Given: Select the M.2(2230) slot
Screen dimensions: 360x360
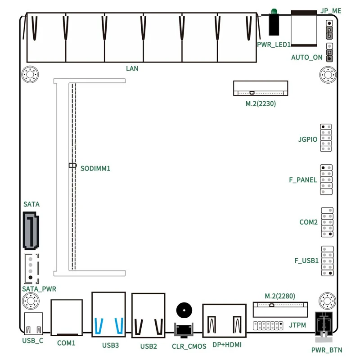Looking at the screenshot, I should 261,88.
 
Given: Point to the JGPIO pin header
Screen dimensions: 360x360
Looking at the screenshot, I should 327,137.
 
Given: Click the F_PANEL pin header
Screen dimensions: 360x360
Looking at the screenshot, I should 327,180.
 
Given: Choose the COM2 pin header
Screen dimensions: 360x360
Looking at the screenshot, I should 327,222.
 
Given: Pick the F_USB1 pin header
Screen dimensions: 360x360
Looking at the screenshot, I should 327,261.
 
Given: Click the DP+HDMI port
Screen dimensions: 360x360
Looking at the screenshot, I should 225,320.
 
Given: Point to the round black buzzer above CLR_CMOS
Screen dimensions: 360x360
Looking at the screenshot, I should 183,311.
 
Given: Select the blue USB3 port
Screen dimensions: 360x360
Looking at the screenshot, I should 108,315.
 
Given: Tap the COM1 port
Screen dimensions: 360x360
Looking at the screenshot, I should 67,318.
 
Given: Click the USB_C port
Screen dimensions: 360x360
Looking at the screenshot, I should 33,324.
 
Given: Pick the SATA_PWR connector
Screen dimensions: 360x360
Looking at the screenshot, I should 31,268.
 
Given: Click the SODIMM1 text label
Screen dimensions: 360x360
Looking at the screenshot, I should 95,169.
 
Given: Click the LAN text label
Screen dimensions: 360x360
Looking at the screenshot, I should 132,69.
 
